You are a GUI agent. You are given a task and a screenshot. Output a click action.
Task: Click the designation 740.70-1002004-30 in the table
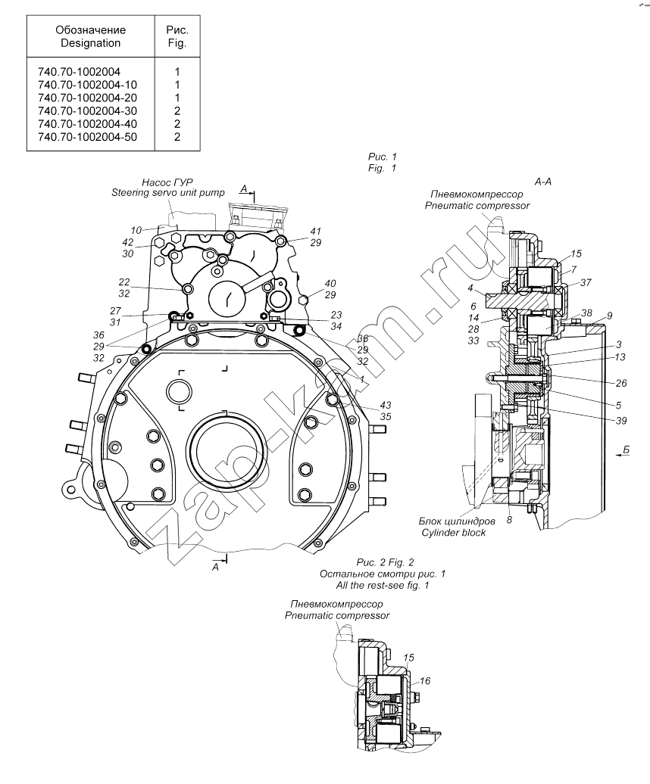click(x=87, y=111)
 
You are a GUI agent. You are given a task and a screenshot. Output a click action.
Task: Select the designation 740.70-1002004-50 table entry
click(x=87, y=137)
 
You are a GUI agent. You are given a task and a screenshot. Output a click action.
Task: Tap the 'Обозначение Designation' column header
click(x=91, y=36)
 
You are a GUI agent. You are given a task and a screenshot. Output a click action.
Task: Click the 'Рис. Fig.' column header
click(x=177, y=36)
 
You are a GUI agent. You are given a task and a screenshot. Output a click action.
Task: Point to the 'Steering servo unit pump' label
click(x=168, y=192)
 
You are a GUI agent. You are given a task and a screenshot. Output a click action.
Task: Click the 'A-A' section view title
click(x=543, y=182)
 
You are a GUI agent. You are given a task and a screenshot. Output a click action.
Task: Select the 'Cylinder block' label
click(x=453, y=533)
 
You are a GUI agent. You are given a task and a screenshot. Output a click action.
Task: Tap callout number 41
click(x=315, y=231)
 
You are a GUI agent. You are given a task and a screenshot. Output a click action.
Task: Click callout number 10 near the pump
click(x=136, y=231)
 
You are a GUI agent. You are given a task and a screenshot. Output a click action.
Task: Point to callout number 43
click(x=386, y=405)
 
